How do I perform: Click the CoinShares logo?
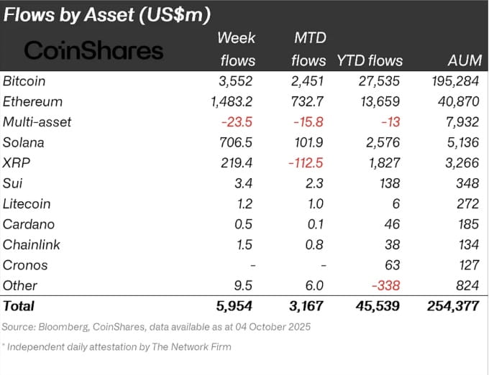point(93,50)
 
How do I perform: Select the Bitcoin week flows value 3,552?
point(236,80)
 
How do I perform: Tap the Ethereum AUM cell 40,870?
point(457,101)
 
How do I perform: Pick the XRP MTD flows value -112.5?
point(305,162)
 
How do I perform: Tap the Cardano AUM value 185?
point(468,224)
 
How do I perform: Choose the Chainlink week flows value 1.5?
point(244,244)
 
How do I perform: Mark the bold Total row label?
point(19,307)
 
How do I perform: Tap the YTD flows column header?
point(370,60)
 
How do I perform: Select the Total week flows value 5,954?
point(235,307)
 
